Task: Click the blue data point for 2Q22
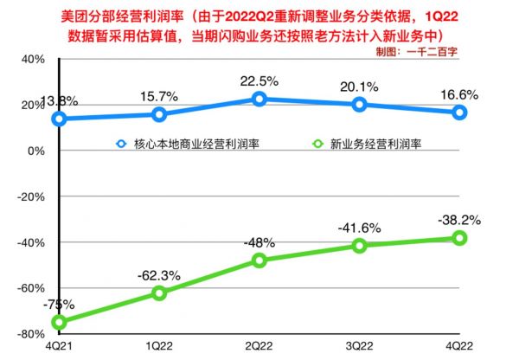pos(259,99)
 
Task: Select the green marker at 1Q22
pos(158,293)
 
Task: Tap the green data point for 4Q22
pos(460,238)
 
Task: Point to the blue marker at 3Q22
pos(359,105)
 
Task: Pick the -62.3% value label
pos(158,275)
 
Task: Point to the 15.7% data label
pos(159,97)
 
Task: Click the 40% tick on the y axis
pos(32,59)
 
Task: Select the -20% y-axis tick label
pos(30,196)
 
